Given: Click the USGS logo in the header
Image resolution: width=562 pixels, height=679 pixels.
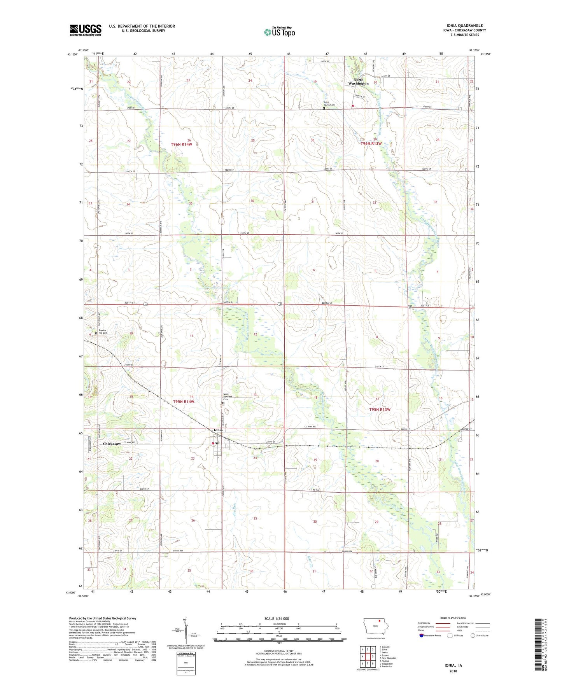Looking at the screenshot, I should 86,30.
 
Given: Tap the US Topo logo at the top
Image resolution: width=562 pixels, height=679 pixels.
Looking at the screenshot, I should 279,32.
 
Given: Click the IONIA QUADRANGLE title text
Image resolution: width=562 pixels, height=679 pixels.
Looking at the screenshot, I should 462,26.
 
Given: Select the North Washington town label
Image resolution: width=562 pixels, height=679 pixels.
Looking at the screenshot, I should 358,82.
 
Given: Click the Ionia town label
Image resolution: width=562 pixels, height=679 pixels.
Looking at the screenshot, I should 218,430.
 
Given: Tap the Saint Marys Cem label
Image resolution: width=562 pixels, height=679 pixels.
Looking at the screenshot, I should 329,104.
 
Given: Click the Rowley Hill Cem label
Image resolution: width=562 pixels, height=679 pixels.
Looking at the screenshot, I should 103,332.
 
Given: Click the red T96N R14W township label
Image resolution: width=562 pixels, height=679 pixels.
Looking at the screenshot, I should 182,144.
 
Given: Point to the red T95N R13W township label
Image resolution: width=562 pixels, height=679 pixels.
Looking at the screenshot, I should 380,409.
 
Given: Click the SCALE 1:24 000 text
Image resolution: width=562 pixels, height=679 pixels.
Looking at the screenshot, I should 277,618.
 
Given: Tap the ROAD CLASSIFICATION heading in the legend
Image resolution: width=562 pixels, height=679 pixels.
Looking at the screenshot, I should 453,618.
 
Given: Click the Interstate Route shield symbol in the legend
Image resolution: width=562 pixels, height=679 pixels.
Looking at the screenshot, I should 422,635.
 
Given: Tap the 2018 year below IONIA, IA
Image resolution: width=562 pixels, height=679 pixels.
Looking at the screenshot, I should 453,671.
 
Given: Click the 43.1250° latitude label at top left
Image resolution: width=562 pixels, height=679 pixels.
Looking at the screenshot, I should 73,55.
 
